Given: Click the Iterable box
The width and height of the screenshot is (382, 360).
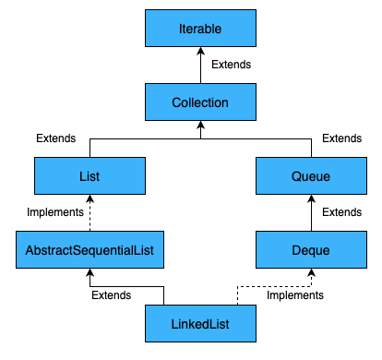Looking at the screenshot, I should (x=200, y=28).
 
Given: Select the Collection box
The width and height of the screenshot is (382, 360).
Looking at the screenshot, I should (x=200, y=102).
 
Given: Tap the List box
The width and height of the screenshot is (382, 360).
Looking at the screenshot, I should (x=90, y=175).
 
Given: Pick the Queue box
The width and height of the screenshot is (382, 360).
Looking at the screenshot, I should (x=311, y=175).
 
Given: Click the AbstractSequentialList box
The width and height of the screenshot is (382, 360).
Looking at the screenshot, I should (x=90, y=249).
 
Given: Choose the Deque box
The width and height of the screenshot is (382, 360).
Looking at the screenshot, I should (x=311, y=249).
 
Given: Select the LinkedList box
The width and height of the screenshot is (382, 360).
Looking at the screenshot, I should (x=200, y=323).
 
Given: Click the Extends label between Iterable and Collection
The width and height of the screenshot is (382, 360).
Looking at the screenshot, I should (x=232, y=65).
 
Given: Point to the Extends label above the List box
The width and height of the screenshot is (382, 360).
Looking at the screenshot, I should (x=56, y=138).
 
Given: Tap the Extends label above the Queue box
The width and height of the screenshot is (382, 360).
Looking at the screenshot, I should (x=342, y=138).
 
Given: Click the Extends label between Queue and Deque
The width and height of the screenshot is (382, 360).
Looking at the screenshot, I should (x=342, y=212).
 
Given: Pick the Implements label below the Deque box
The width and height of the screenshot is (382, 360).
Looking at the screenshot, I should (x=295, y=295).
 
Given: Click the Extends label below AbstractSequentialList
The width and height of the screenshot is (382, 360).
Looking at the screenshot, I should (x=111, y=295).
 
